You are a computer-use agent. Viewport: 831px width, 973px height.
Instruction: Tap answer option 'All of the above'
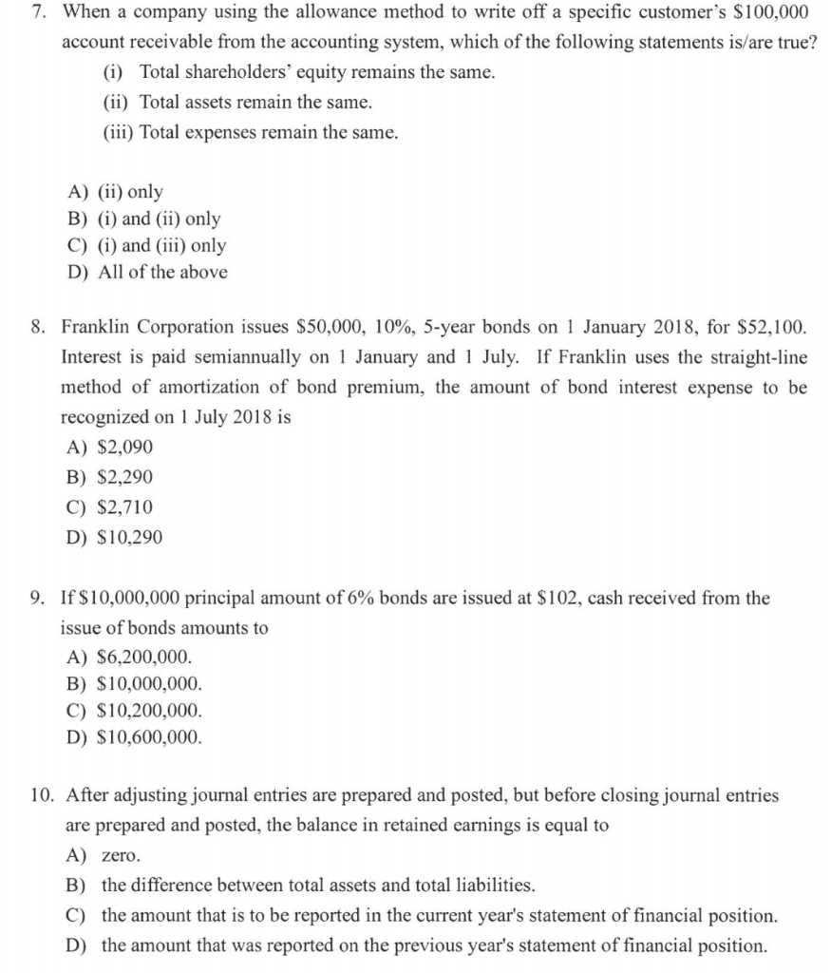tap(162, 273)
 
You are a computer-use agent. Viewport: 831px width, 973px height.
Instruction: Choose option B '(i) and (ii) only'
tap(159, 219)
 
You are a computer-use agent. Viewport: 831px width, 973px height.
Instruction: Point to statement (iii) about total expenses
tap(250, 132)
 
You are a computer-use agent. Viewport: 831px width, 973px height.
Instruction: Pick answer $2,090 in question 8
tap(124, 447)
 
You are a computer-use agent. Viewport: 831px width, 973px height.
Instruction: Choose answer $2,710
tap(124, 507)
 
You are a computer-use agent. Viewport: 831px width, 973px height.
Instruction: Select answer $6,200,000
tap(142, 657)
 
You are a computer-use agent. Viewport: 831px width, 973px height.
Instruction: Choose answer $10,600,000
tap(148, 736)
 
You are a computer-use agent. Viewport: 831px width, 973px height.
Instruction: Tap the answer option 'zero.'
tap(121, 854)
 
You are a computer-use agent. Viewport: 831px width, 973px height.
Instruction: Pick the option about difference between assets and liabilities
tap(318, 885)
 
